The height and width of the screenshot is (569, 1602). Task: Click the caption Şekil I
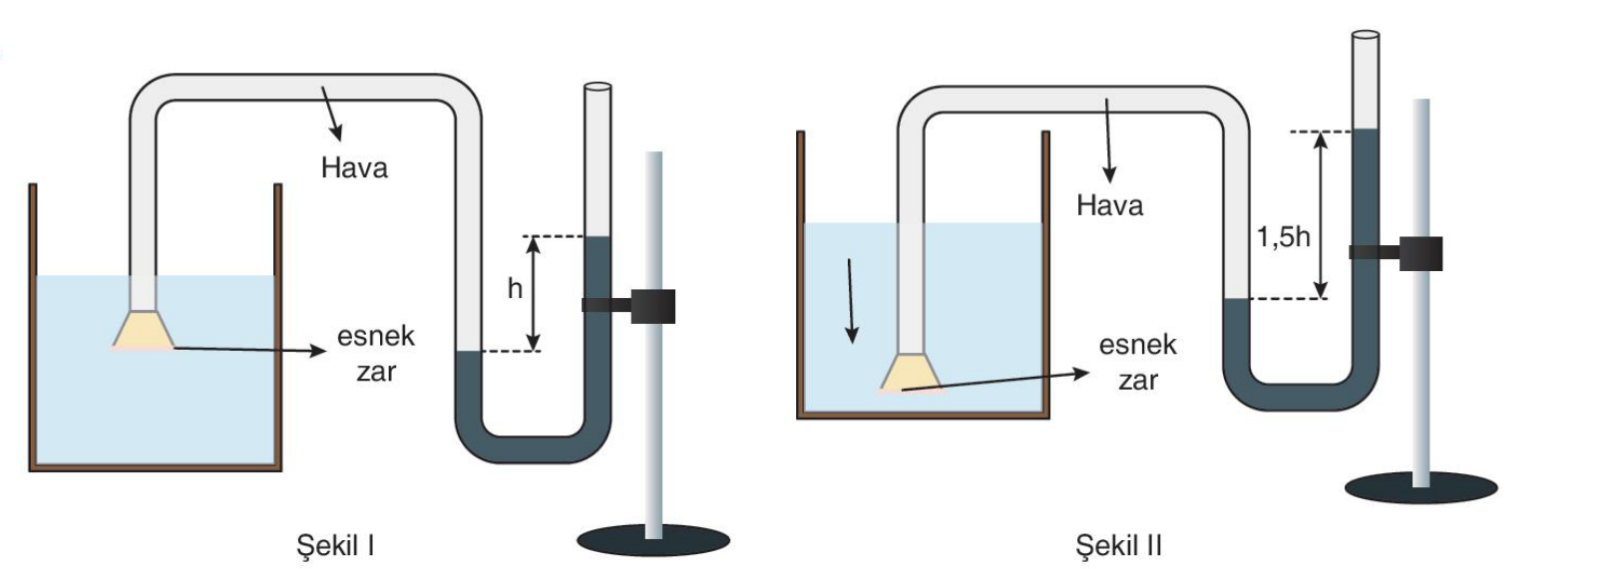pyautogui.click(x=335, y=546)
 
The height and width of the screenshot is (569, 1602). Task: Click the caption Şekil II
pyautogui.click(x=1118, y=546)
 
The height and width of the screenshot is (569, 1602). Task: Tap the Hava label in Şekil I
pyautogui.click(x=354, y=168)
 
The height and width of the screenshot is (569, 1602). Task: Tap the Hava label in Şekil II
pyautogui.click(x=1110, y=206)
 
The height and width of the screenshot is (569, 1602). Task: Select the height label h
pyautogui.click(x=515, y=289)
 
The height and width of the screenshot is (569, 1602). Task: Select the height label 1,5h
pyautogui.click(x=1283, y=236)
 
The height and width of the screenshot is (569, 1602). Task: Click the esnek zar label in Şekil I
pyautogui.click(x=376, y=353)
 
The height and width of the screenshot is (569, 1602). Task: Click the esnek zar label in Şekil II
pyautogui.click(x=1138, y=362)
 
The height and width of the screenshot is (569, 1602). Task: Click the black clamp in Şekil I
pyautogui.click(x=628, y=306)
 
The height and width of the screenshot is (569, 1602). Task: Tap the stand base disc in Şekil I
pyautogui.click(x=653, y=540)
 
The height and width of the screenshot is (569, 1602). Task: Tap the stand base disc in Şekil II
pyautogui.click(x=1421, y=488)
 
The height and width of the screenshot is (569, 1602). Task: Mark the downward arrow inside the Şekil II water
pyautogui.click(x=850, y=301)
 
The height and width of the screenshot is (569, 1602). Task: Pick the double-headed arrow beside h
pyautogui.click(x=533, y=294)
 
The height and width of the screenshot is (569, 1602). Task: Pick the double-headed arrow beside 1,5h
pyautogui.click(x=1321, y=215)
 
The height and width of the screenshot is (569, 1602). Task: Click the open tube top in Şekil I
pyautogui.click(x=598, y=88)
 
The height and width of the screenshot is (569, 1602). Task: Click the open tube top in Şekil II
pyautogui.click(x=1366, y=35)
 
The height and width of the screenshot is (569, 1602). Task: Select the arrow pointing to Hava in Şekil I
pyautogui.click(x=331, y=114)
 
